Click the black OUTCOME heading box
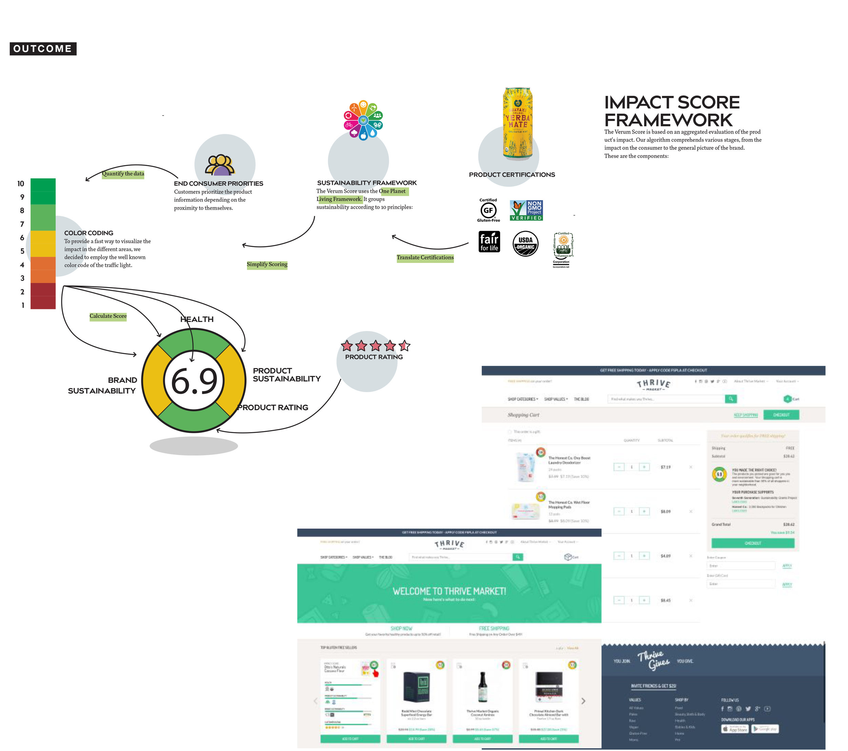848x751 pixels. pyautogui.click(x=43, y=48)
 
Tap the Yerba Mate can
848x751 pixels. pyautogui.click(x=517, y=123)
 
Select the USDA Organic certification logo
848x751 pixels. pyautogui.click(x=525, y=243)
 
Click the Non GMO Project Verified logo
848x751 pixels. pyautogui.click(x=526, y=210)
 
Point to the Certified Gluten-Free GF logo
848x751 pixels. pyautogui.click(x=488, y=210)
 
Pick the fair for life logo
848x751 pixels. pyautogui.click(x=489, y=242)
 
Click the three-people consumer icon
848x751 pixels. pyautogui.click(x=220, y=165)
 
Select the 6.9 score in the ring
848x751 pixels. pyautogui.click(x=194, y=381)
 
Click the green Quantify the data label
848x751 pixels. pyautogui.click(x=123, y=174)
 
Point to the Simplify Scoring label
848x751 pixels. pyautogui.click(x=267, y=264)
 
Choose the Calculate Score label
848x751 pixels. pyautogui.click(x=108, y=316)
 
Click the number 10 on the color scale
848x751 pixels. pyautogui.click(x=21, y=184)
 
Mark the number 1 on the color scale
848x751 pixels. pyautogui.click(x=23, y=305)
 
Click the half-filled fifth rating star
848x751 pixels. pyautogui.click(x=404, y=345)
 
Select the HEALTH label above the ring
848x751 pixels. pyautogui.click(x=197, y=319)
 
